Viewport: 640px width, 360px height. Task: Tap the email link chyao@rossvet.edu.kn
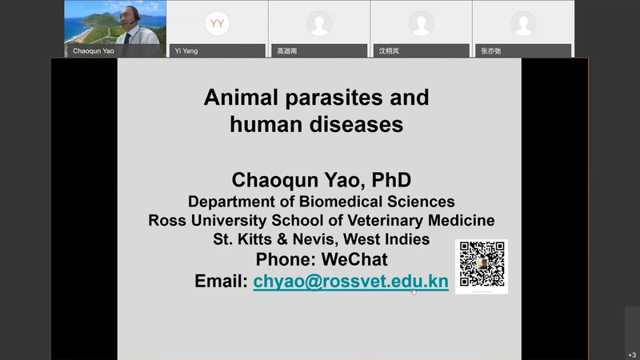(350, 282)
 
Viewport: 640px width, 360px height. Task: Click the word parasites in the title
(334, 98)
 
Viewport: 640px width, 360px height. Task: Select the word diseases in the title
(356, 124)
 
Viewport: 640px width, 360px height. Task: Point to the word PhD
(391, 180)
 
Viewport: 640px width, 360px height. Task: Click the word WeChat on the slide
(354, 259)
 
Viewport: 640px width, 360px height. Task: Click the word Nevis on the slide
(315, 239)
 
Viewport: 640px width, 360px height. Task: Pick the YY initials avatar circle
(217, 23)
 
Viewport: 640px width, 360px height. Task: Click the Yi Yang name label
(186, 51)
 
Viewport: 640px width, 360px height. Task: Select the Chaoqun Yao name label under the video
(94, 51)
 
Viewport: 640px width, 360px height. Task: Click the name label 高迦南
(287, 51)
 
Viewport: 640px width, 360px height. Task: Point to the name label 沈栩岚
(389, 51)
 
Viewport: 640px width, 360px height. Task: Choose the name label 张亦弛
(491, 51)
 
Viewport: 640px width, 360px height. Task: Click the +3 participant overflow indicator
(632, 355)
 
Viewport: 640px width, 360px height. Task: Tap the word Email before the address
(221, 282)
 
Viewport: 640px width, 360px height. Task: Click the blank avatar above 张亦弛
(523, 23)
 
